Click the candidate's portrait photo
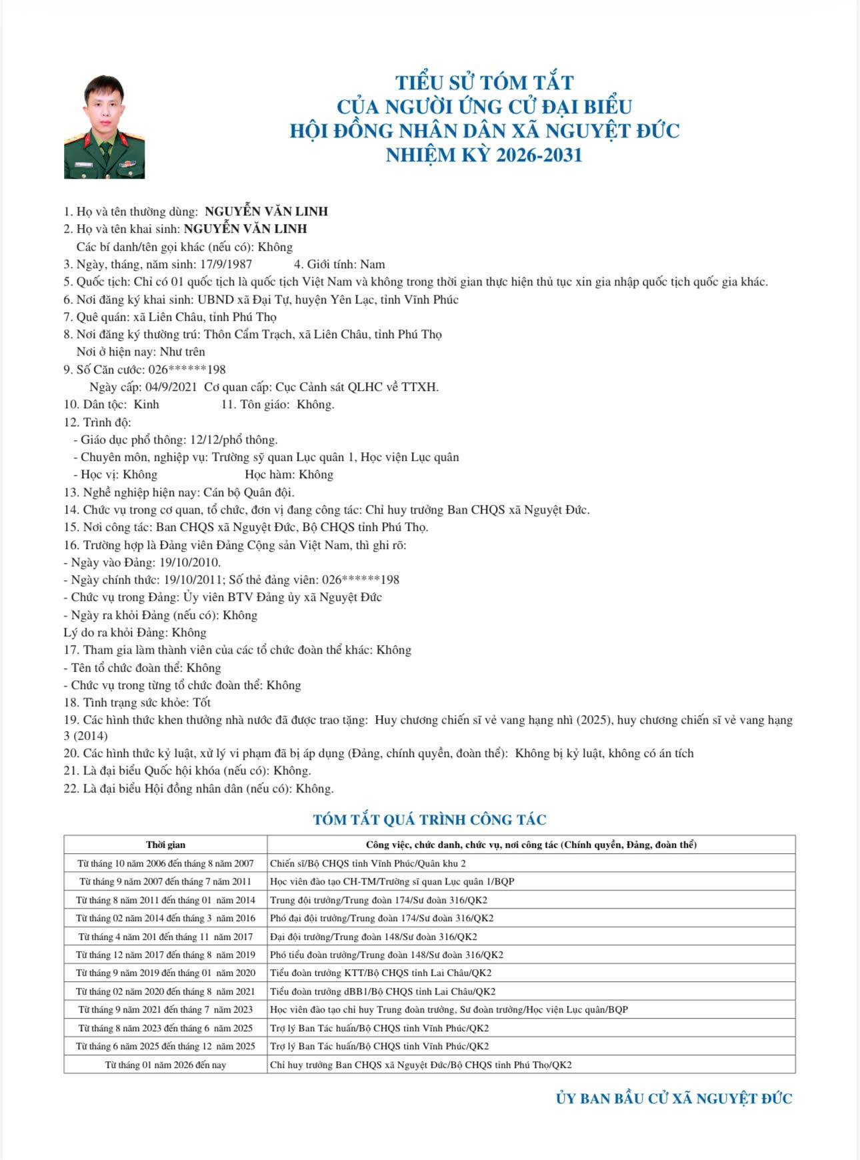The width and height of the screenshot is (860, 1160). point(104,127)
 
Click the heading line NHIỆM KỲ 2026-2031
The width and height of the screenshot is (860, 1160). point(484,155)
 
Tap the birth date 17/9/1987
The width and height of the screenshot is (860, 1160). point(226,264)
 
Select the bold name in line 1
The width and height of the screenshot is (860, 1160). point(266,211)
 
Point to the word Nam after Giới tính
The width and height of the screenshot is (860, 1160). point(373,264)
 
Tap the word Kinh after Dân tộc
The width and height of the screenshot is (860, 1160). point(147,404)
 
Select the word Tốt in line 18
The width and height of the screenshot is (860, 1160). point(201,702)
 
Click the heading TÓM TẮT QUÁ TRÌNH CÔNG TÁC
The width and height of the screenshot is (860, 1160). point(429,820)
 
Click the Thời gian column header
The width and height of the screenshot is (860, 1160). point(165,844)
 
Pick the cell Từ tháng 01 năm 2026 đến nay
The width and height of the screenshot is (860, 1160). point(165,1065)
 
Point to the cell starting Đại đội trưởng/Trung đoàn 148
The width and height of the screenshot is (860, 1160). point(373,937)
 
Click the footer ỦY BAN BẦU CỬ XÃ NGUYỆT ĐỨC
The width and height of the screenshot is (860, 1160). point(674,1099)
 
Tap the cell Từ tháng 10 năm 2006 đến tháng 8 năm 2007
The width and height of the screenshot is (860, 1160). point(165,863)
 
